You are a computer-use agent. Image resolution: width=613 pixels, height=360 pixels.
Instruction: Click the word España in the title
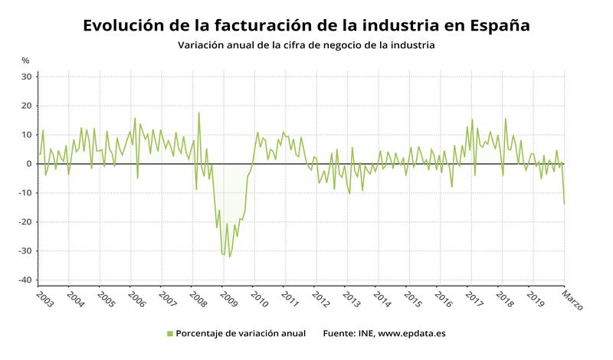pos(491,25)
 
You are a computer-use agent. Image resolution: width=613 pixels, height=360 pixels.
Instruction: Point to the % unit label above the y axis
pos(25,61)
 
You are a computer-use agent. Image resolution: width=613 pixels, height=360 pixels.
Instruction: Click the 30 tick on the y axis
pos(26,77)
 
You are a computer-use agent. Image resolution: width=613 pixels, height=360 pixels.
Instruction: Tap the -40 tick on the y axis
pos(25,280)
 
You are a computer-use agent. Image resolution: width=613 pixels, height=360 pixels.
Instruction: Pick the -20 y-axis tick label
pos(25,222)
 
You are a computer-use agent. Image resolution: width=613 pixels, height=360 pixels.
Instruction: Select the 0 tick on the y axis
pos(29,164)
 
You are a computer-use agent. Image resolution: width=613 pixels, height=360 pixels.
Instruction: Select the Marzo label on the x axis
pos(572,299)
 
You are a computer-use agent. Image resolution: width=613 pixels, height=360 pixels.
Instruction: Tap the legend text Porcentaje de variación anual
pos(241,333)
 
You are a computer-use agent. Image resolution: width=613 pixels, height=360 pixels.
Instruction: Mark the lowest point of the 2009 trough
pos(229,257)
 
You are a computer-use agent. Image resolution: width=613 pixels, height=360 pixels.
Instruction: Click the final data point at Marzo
pos(564,204)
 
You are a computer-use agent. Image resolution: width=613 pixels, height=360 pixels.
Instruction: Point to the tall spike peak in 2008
pos(199,113)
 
